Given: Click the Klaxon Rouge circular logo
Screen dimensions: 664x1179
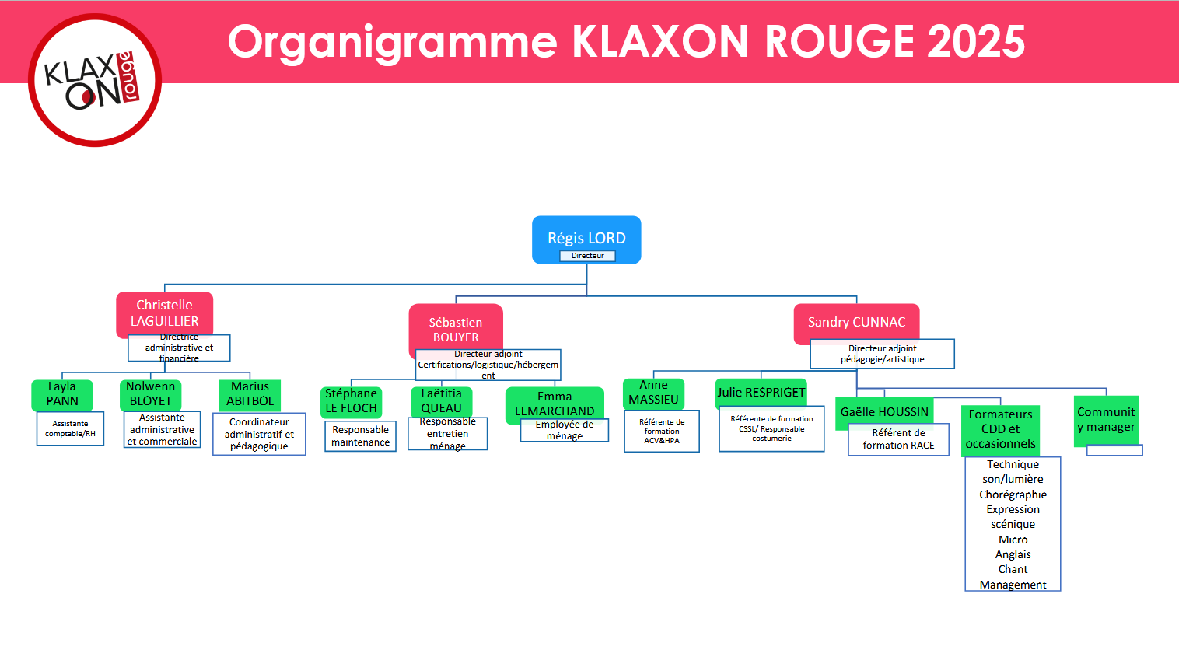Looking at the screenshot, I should (95, 80).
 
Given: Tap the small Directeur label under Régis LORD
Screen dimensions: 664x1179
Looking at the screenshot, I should (587, 256).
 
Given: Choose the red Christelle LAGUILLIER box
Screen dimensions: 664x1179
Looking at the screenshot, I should (164, 312).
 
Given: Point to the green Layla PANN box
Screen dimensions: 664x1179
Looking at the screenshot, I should (62, 394).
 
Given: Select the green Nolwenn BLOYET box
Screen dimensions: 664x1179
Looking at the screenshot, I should (151, 394).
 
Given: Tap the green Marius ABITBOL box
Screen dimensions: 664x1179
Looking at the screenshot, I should (250, 394).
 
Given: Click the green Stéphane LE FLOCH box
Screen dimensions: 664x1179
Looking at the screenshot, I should (352, 401).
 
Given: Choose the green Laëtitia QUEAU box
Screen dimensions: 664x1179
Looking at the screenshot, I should (441, 401).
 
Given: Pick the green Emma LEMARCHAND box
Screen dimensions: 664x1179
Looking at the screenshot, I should (555, 404).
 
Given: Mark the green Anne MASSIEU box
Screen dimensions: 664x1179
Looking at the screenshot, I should (653, 393).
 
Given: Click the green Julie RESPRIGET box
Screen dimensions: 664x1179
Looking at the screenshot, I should (761, 393).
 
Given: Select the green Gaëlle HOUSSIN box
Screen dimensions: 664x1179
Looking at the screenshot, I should (884, 412).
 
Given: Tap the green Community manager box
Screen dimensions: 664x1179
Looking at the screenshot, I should (1106, 420).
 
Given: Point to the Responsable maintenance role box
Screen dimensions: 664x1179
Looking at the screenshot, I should (360, 436).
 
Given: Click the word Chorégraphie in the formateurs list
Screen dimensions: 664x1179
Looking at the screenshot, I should (1013, 495).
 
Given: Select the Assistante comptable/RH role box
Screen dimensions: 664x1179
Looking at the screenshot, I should (70, 428).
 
